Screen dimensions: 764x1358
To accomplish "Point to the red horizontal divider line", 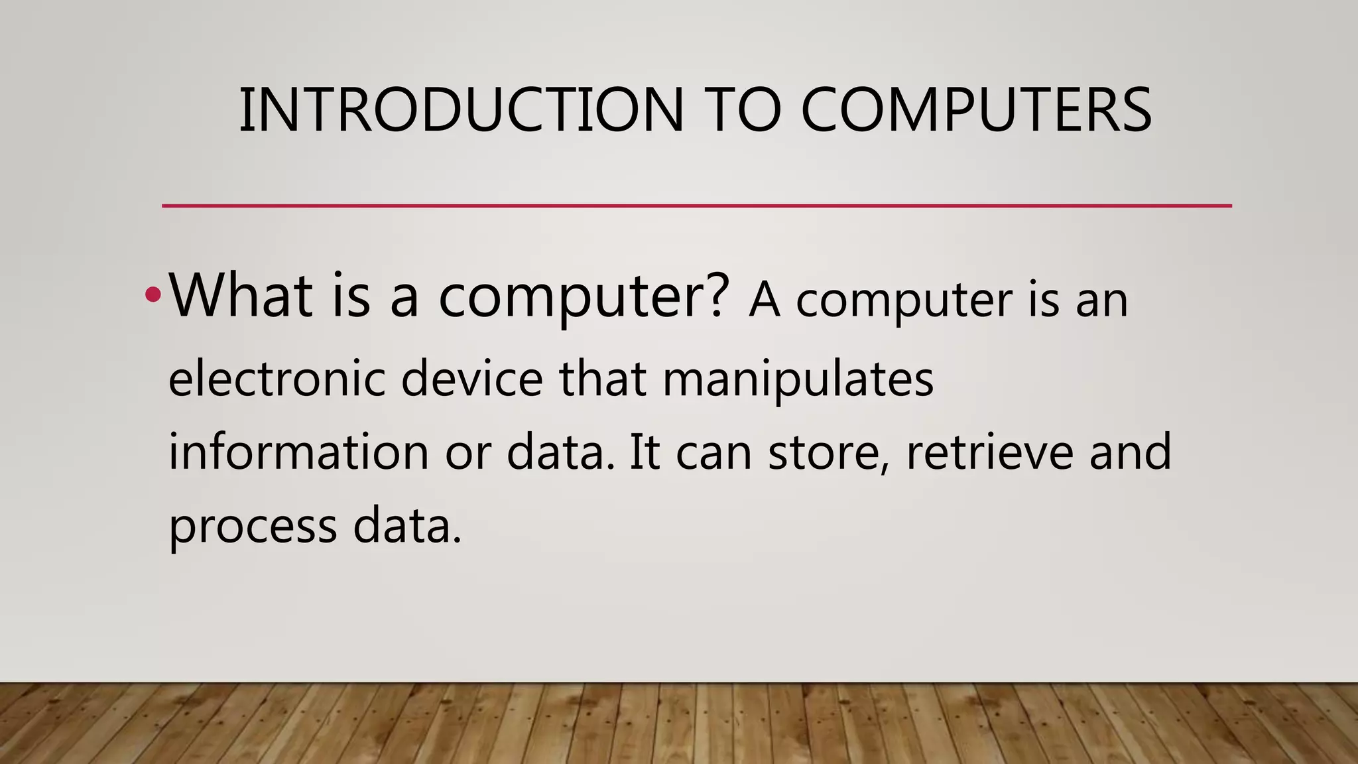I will [696, 206].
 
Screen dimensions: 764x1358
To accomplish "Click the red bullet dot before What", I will [153, 294].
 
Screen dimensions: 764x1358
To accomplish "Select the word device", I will [471, 379].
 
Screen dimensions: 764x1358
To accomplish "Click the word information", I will [298, 452].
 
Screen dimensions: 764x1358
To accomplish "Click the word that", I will [602, 379].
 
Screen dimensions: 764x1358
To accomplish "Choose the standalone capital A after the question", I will [765, 300].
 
